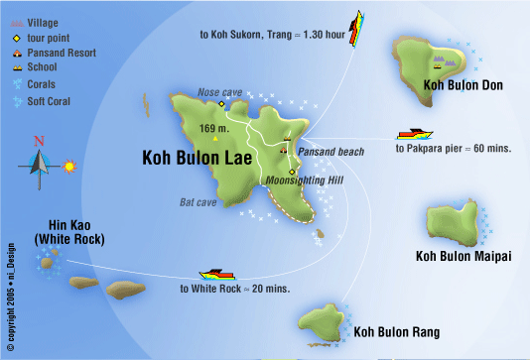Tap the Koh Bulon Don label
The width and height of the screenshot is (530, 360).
click(463, 85)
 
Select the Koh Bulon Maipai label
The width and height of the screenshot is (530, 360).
click(463, 256)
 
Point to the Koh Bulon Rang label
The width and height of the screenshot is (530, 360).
click(396, 332)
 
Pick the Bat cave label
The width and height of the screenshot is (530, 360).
click(198, 202)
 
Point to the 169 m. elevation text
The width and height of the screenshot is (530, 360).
click(214, 129)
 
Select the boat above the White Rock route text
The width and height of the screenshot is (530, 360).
click(216, 275)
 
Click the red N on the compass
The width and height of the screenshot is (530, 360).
click(39, 141)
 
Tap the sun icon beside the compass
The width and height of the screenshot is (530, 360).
click(68, 166)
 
